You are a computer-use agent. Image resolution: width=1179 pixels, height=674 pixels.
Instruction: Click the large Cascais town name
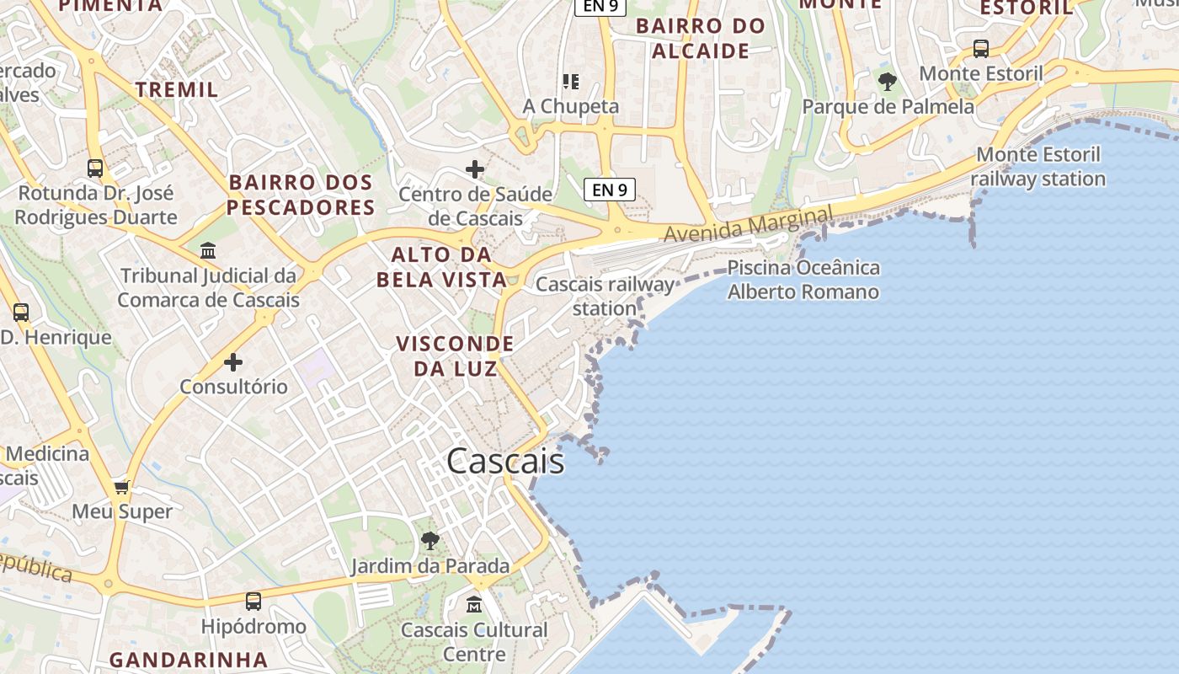(505, 461)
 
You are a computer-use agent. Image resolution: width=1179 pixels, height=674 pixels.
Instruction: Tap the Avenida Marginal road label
(748, 224)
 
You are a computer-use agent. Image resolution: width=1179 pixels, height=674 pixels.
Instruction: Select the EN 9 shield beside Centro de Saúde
(610, 190)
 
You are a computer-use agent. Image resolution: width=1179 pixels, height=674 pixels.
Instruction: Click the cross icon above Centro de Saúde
(475, 169)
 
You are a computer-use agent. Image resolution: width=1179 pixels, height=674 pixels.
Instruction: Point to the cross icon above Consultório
(233, 362)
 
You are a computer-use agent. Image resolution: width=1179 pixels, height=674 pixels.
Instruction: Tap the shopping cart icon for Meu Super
(122, 487)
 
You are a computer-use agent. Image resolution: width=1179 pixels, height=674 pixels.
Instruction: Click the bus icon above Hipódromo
(253, 602)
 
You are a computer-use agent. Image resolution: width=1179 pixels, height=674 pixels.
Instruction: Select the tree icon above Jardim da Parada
(430, 540)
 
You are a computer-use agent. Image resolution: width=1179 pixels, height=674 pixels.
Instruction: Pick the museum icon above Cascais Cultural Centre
(474, 605)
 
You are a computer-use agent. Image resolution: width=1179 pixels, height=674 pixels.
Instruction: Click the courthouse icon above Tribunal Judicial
(208, 251)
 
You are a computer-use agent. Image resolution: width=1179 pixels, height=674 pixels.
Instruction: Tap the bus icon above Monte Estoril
(981, 49)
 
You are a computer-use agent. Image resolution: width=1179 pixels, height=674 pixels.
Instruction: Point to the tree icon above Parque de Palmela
(887, 82)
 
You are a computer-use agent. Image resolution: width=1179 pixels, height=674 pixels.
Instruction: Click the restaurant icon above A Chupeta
(571, 82)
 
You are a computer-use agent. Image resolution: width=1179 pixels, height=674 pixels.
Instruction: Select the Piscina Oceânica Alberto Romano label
(803, 280)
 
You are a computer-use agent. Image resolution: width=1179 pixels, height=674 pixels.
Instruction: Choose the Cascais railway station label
(606, 296)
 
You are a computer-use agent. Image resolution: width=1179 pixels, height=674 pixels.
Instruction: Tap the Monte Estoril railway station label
(1038, 167)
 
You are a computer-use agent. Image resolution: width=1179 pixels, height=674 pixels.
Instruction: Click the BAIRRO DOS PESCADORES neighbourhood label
(301, 195)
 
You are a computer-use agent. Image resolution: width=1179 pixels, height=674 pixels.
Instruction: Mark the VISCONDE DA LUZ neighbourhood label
(455, 356)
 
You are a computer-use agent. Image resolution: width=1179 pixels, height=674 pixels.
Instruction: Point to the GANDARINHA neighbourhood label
(189, 659)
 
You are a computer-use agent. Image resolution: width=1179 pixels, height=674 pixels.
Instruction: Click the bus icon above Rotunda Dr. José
(95, 168)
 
